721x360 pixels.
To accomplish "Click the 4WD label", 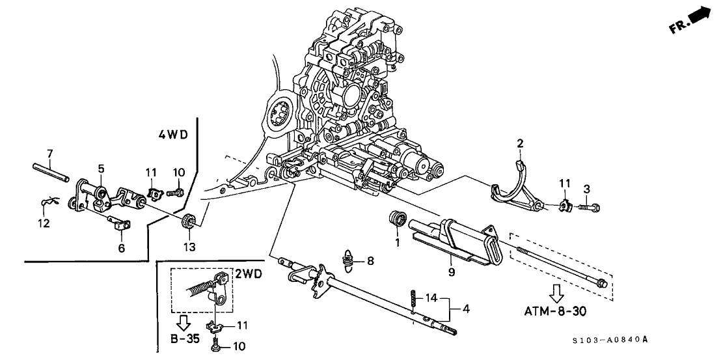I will (x=172, y=135).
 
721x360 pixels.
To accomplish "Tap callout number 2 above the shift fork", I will (x=520, y=143).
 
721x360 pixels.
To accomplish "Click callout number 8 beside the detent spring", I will (x=370, y=262).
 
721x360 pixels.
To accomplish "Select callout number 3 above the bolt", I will (x=586, y=189).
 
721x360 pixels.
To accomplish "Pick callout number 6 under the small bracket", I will (x=122, y=248).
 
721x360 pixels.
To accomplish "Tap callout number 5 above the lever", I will (x=101, y=169).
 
